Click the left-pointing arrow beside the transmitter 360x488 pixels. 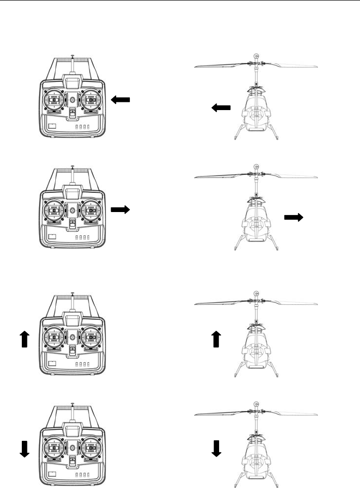120,100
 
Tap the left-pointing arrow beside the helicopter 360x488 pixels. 221,108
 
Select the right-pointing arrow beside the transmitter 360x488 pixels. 120,209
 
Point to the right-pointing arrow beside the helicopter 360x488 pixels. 294,217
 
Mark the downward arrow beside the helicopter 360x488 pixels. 217,447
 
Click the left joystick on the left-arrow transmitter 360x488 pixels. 54,99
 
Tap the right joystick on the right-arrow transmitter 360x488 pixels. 91,210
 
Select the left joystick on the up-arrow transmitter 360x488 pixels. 54,336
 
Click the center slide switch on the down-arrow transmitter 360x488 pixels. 73,460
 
